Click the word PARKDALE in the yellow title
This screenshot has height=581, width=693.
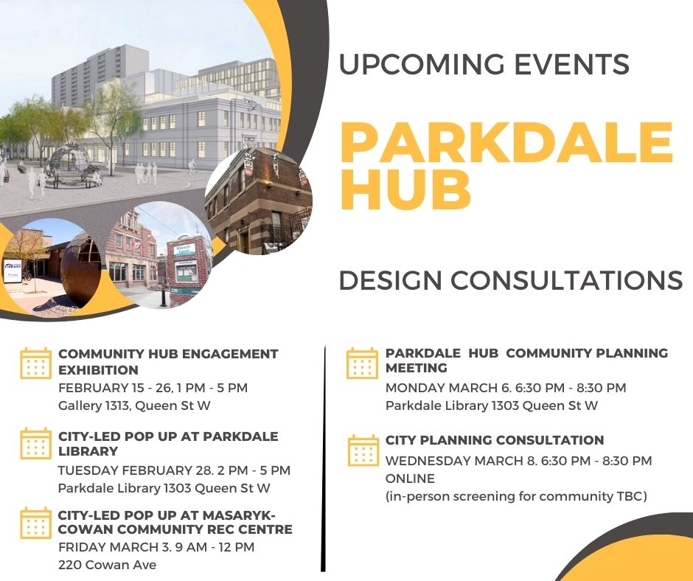[506, 143]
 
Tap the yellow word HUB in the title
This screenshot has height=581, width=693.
[406, 189]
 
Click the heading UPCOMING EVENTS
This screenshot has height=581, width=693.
[484, 65]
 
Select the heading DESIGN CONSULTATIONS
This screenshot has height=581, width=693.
[510, 280]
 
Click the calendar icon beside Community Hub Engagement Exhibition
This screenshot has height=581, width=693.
[35, 363]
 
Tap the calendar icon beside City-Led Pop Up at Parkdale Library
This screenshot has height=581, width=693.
[35, 443]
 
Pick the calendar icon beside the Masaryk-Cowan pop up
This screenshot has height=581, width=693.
[35, 522]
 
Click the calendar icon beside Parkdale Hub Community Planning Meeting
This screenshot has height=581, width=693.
[362, 363]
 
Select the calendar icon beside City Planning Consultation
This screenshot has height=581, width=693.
[362, 450]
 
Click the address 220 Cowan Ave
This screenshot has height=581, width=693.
[107, 565]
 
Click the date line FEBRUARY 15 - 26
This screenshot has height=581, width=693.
[153, 387]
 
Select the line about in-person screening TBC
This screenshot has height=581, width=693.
[516, 496]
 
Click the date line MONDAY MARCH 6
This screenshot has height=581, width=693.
[506, 387]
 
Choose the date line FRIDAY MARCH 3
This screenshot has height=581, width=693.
[156, 548]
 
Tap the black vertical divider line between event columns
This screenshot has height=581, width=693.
[324, 457]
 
